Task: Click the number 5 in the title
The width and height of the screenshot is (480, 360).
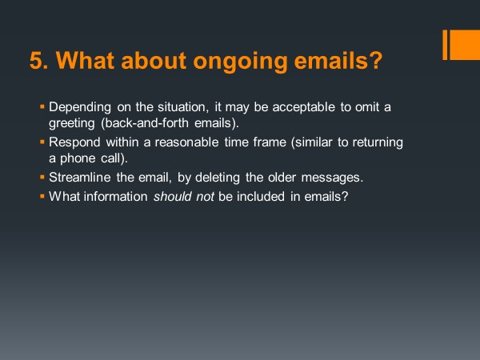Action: point(36,60)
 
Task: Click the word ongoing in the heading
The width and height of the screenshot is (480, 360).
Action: point(240,62)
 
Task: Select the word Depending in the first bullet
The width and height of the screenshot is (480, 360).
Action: point(80,108)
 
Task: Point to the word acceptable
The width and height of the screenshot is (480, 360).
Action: point(304,107)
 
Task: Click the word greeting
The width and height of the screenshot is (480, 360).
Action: point(72,124)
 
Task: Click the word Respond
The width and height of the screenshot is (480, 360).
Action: point(74,142)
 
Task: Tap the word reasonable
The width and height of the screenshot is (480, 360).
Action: point(186,142)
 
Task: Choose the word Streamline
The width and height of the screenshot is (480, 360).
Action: point(79,178)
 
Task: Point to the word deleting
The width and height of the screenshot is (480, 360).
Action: point(218,178)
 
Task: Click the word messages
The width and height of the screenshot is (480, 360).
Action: point(332,178)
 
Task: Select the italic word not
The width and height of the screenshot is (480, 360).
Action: point(205,197)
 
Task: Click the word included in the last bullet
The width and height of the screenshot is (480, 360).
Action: point(261,197)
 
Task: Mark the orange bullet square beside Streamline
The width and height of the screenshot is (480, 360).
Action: point(42,177)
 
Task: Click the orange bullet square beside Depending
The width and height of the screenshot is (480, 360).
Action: point(42,106)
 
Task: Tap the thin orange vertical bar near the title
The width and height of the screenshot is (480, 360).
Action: point(445,45)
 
